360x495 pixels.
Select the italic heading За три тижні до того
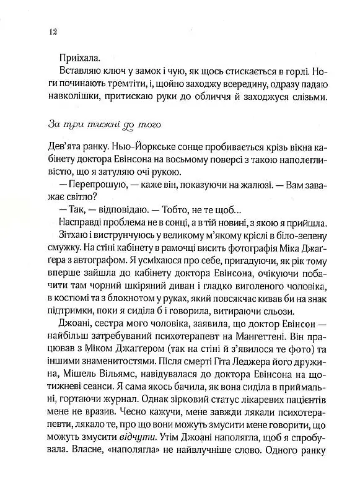(103, 125)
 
